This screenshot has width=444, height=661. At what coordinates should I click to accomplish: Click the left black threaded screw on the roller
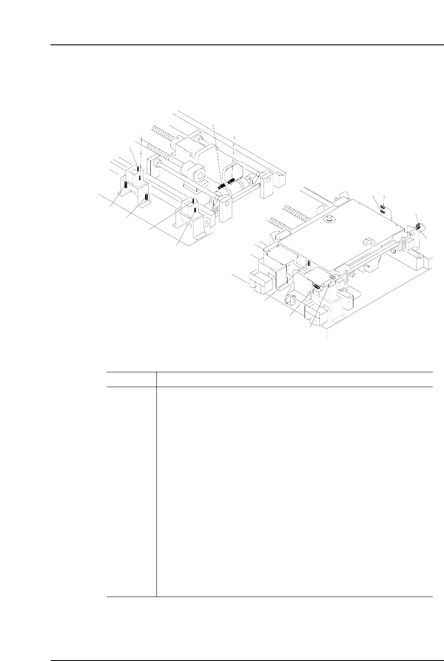[x=221, y=186]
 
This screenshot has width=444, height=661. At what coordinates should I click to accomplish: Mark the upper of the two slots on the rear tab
[x=382, y=207]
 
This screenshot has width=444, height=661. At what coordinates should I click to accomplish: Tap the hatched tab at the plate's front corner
[x=333, y=276]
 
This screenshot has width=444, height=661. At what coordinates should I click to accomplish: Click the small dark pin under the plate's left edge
[x=308, y=263]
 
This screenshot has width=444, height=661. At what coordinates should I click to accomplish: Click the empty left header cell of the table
[x=131, y=379]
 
